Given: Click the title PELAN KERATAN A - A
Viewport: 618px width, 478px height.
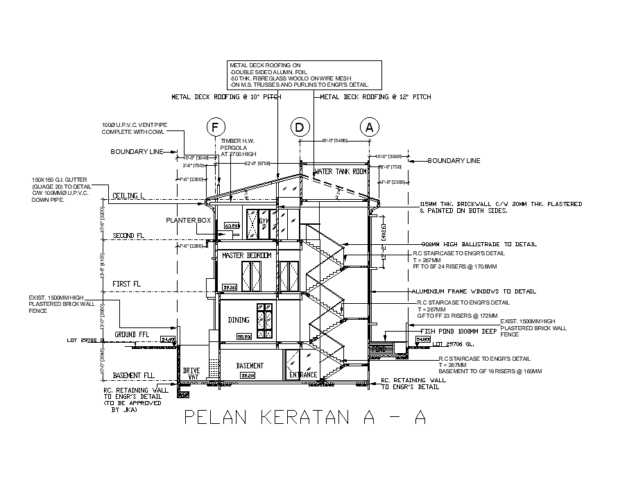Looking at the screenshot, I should pyautogui.click(x=304, y=418).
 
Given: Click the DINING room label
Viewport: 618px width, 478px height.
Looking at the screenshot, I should pyautogui.click(x=239, y=320).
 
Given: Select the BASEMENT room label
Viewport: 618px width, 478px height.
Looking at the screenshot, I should pyautogui.click(x=250, y=366).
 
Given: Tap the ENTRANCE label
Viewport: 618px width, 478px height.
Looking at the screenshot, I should pyautogui.click(x=303, y=375).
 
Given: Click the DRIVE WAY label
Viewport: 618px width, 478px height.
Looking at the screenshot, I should pyautogui.click(x=191, y=375).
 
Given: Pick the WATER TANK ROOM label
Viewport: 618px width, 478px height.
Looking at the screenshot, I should pyautogui.click(x=341, y=171).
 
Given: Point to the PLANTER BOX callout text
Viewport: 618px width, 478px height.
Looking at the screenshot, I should pyautogui.click(x=188, y=221).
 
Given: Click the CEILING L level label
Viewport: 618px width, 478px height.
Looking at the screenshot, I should pyautogui.click(x=128, y=196).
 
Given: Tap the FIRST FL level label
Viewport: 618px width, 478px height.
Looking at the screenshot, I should pyautogui.click(x=127, y=284).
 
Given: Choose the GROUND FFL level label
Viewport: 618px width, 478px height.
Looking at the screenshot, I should pyautogui.click(x=131, y=334).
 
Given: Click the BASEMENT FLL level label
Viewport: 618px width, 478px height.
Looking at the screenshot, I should pyautogui.click(x=133, y=375).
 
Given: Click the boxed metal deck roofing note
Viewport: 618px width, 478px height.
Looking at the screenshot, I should pyautogui.click(x=304, y=74).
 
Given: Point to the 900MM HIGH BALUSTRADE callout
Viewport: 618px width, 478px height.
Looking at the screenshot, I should pyautogui.click(x=479, y=244).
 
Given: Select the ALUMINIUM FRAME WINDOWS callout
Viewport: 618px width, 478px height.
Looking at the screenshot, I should pyautogui.click(x=474, y=291).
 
